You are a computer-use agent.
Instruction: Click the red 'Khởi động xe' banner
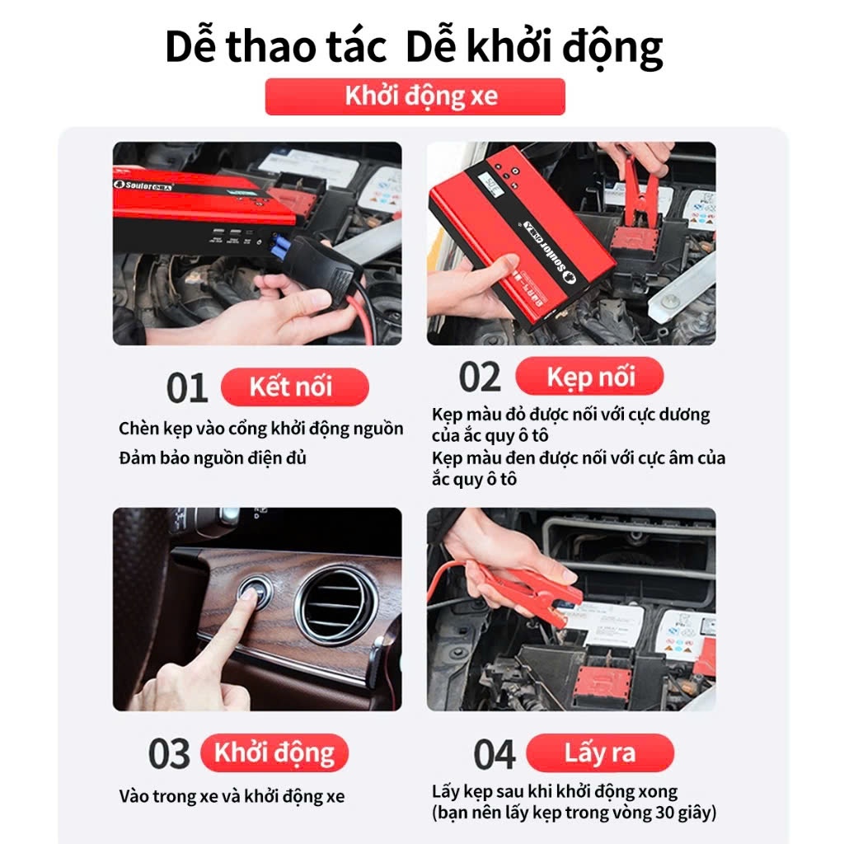415,96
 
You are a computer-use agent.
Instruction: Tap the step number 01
187,387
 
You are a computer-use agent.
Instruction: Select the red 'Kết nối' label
295,387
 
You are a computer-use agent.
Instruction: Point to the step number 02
480,377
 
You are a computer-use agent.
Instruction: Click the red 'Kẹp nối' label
589,376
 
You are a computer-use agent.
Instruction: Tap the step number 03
169,753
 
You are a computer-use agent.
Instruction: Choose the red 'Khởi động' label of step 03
274,753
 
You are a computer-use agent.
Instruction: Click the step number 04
495,754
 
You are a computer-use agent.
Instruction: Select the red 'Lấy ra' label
600,753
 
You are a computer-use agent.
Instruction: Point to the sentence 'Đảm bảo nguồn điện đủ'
213,458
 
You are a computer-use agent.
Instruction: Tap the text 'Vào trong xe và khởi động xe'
232,797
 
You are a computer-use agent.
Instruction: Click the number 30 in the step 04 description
664,812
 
